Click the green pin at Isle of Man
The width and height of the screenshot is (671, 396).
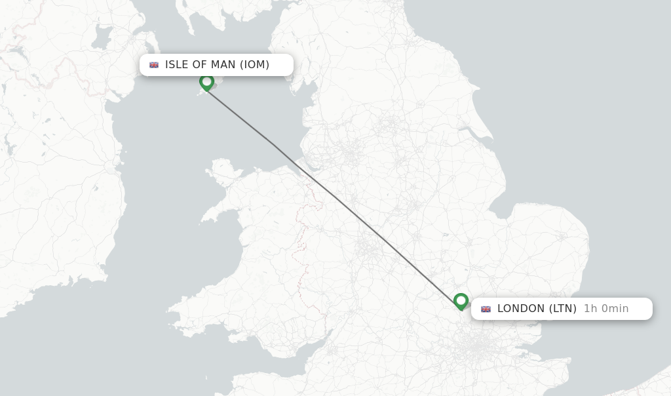tap(206, 82)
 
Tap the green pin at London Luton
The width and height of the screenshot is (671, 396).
tap(461, 301)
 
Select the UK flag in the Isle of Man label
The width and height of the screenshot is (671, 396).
tap(154, 65)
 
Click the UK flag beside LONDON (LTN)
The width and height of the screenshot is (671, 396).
tap(486, 309)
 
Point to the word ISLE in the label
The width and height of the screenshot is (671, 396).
tap(177, 64)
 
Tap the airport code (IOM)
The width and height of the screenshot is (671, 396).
tap(254, 64)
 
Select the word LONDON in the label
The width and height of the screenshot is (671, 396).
tap(522, 308)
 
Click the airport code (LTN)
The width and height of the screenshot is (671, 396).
tap(563, 308)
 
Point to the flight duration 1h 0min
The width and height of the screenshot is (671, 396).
tap(606, 308)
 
